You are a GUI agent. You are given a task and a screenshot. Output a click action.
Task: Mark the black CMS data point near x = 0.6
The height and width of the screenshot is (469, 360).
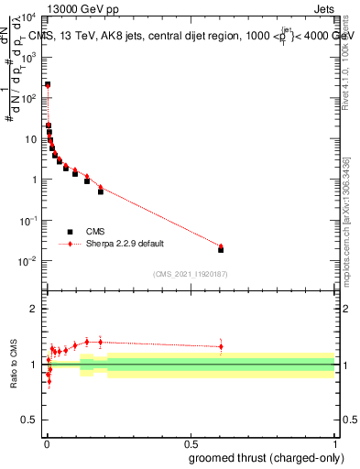pyautogui.click(x=221, y=249)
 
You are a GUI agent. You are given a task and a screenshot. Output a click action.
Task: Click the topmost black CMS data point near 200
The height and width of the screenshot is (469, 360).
pyautogui.click(x=48, y=84)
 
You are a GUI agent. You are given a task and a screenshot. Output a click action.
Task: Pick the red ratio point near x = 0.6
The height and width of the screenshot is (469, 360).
pyautogui.click(x=221, y=346)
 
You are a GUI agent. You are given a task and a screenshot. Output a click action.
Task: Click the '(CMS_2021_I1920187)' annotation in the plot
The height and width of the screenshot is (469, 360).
pyautogui.click(x=191, y=274)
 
